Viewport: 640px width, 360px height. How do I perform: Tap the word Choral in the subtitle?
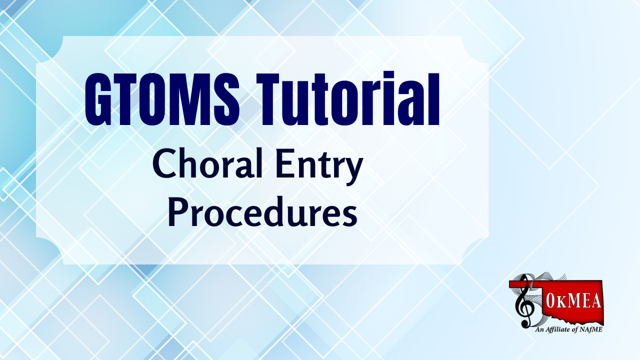(207, 163)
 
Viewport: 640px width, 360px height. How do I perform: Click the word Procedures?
(262, 211)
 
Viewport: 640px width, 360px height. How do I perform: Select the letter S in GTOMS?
(225, 99)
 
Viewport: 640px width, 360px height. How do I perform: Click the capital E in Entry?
(285, 164)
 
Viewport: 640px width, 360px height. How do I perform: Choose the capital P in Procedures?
(177, 211)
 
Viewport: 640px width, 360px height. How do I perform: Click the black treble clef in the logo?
(523, 301)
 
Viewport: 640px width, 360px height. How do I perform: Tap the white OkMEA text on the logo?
(568, 301)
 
